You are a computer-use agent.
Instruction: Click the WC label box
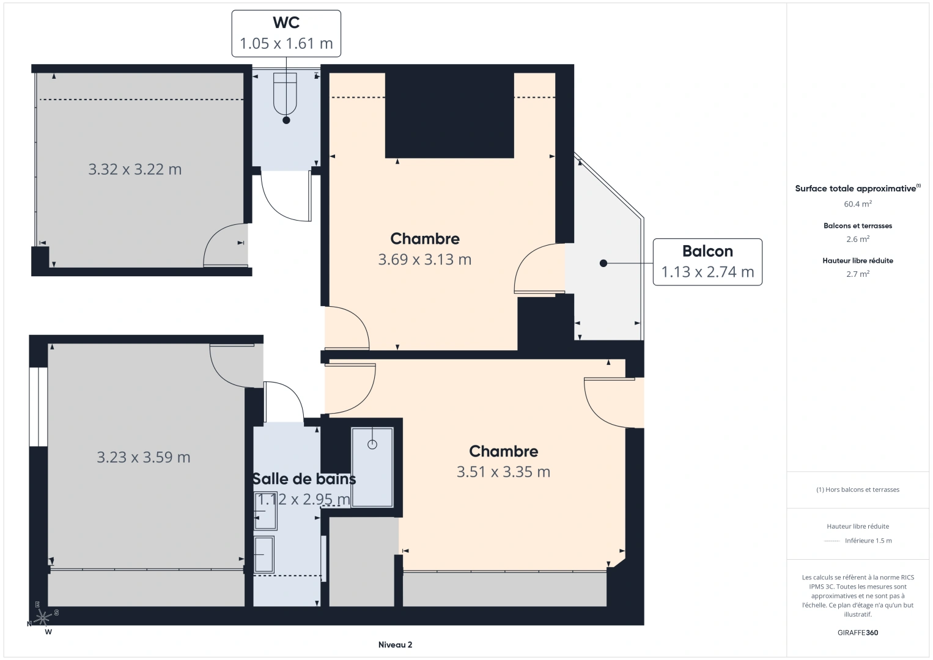coord(286,34)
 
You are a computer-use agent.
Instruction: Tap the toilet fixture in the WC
coord(286,94)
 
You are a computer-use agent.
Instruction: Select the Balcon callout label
coord(707,262)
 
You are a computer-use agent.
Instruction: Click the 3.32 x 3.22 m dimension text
coord(135,169)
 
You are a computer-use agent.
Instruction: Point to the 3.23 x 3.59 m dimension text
coord(143,457)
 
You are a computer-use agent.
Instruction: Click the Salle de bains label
coord(304,479)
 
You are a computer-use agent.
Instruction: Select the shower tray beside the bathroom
coord(372,468)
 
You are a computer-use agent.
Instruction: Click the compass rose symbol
coord(42,618)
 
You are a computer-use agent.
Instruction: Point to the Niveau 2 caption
coord(396,645)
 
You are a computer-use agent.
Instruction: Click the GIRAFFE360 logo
coord(858,632)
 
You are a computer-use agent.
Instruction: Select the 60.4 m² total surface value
coord(858,204)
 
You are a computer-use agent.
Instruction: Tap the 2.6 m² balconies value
coord(858,239)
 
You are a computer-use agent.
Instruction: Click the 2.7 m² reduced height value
coord(858,274)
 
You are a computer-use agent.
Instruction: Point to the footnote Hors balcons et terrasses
coord(858,490)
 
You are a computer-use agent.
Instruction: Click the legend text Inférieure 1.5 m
coord(868,540)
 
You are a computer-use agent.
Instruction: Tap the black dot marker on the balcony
coord(603,263)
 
